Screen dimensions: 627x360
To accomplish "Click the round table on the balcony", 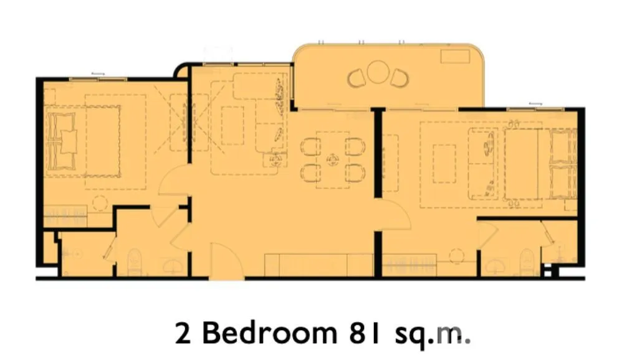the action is point(376,72).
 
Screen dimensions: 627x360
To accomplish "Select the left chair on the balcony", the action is point(357,78).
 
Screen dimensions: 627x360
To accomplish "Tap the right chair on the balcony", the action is point(399,78).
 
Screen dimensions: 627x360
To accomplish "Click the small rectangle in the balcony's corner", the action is point(454,56).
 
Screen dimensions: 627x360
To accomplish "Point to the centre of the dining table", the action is point(333,160).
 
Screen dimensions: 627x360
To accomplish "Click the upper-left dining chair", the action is point(310,146).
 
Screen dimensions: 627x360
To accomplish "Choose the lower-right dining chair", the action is point(355,173).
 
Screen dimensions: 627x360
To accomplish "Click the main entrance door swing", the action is point(226,260).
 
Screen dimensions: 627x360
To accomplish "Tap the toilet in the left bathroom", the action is point(135,262).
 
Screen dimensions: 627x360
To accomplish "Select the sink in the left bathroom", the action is point(173,266).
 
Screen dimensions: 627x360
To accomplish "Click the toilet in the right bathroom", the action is point(527,262).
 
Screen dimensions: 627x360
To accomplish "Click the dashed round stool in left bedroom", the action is point(100,203).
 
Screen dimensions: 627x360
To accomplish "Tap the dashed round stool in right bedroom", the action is point(456,256).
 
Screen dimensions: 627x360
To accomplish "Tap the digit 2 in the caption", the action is point(183,333).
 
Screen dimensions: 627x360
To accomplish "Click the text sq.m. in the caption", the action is point(433,336).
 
